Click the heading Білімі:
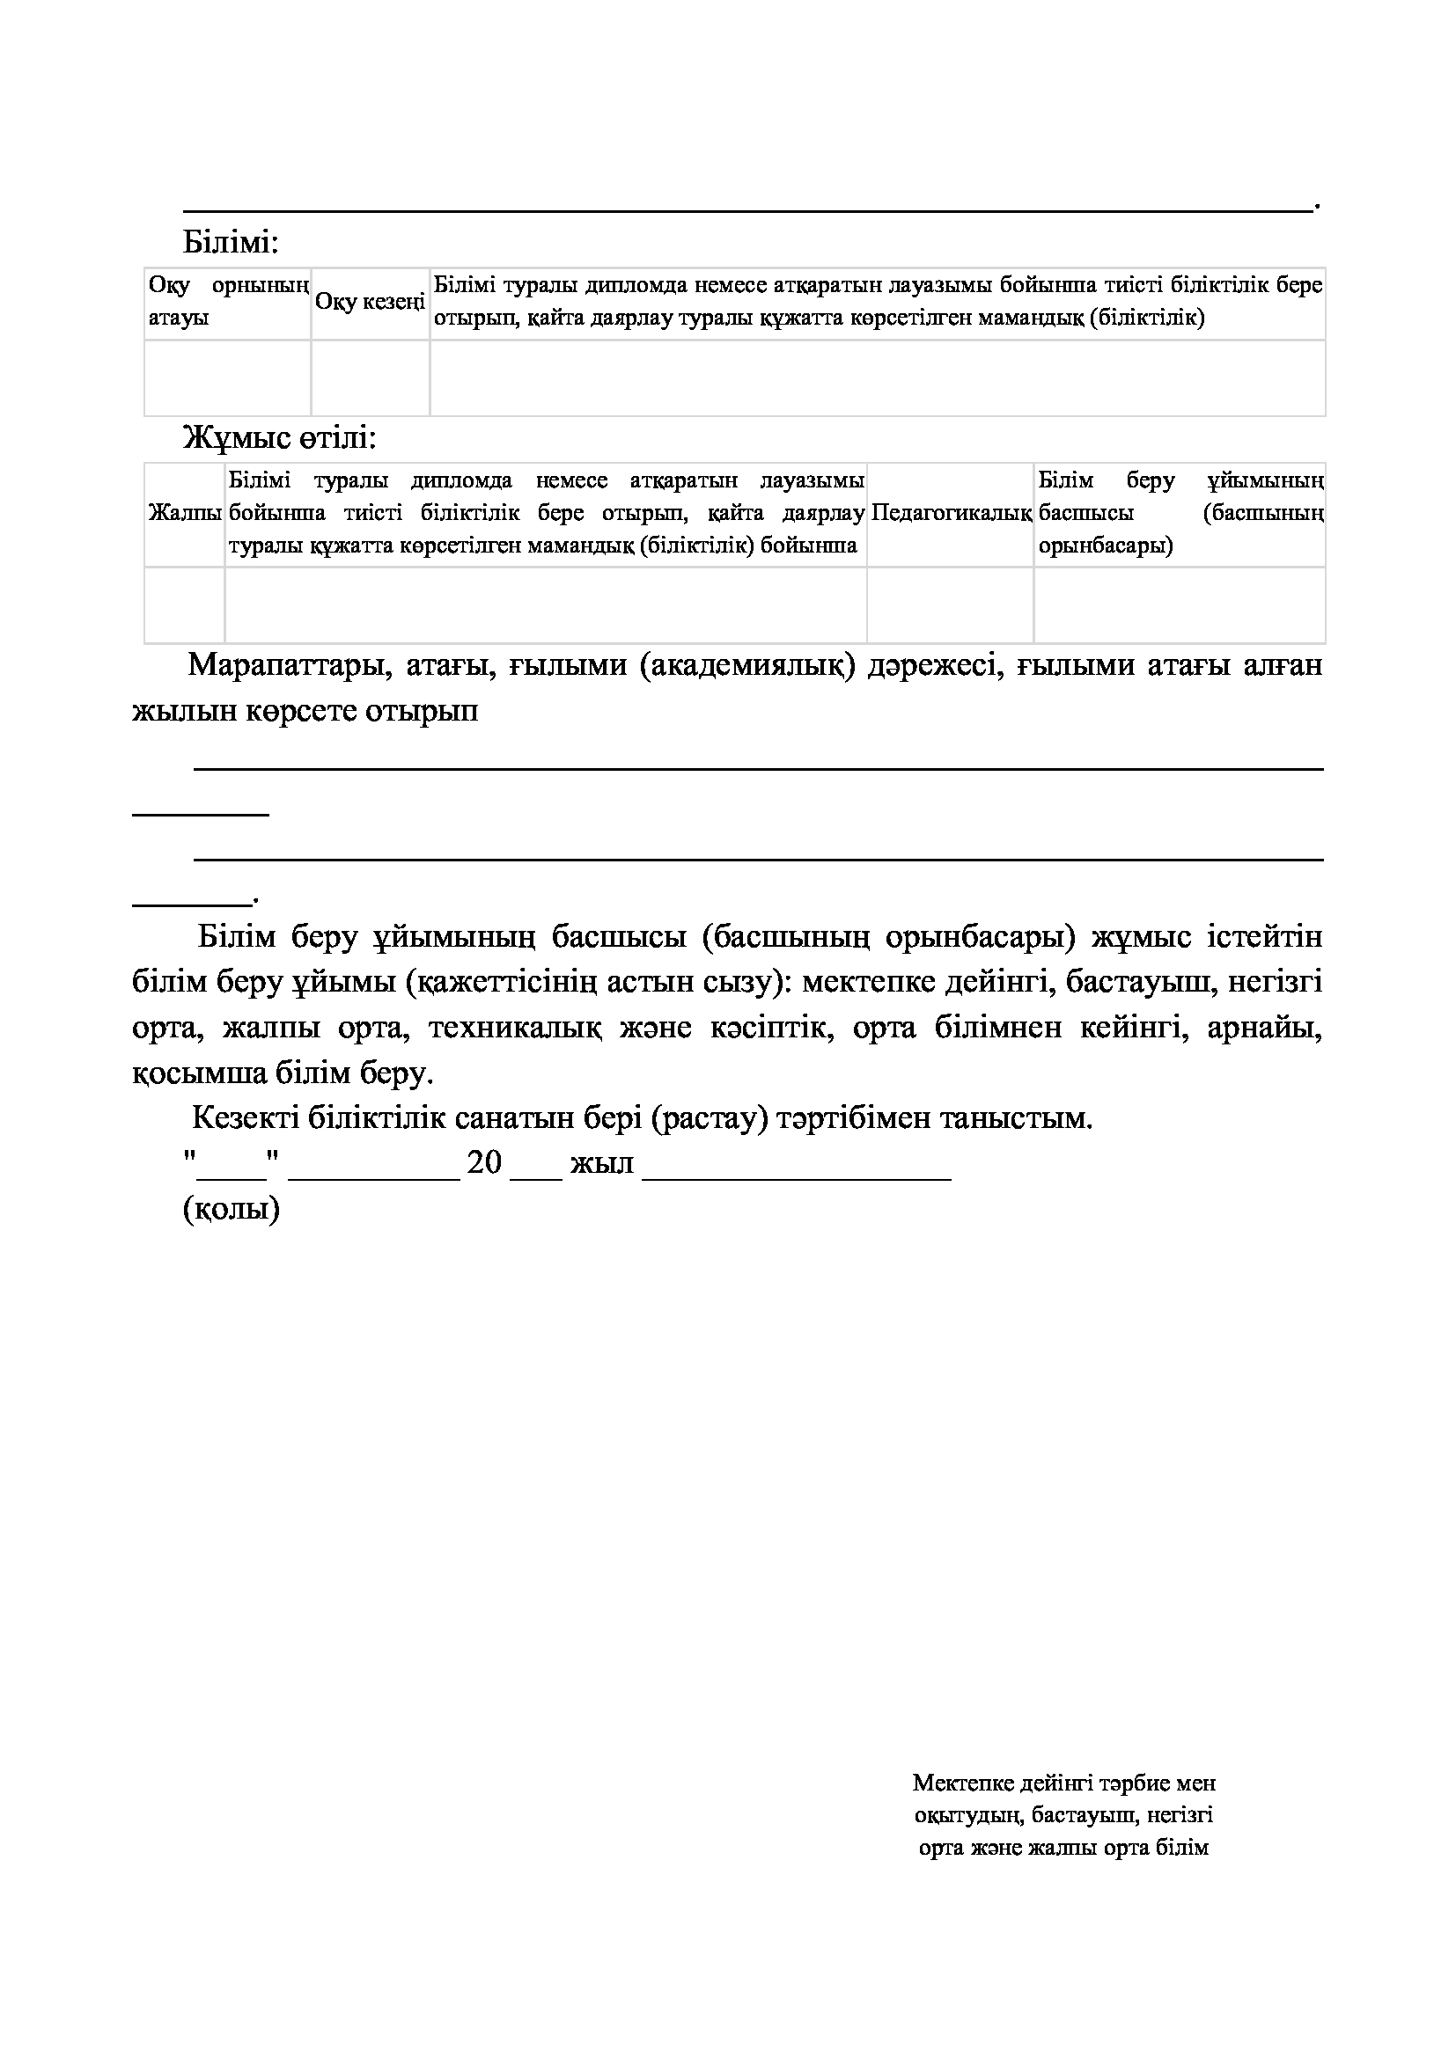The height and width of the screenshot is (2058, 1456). [x=232, y=242]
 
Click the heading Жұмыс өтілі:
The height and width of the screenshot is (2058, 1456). [x=280, y=438]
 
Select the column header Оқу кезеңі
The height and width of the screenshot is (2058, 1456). [x=371, y=302]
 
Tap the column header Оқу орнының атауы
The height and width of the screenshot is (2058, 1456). [x=228, y=302]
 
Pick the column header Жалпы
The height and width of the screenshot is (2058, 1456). [x=185, y=513]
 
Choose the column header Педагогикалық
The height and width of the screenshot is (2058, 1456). [x=951, y=513]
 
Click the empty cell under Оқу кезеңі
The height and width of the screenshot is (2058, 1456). [x=371, y=377]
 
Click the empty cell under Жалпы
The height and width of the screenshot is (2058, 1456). [x=185, y=605]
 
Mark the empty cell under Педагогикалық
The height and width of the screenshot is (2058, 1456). [x=951, y=605]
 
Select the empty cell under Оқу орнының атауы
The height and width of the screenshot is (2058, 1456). [x=228, y=377]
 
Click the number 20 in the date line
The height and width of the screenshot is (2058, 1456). [x=485, y=1163]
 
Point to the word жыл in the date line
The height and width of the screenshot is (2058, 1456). [x=601, y=1163]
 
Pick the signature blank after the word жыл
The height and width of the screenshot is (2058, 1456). [x=796, y=1165]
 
